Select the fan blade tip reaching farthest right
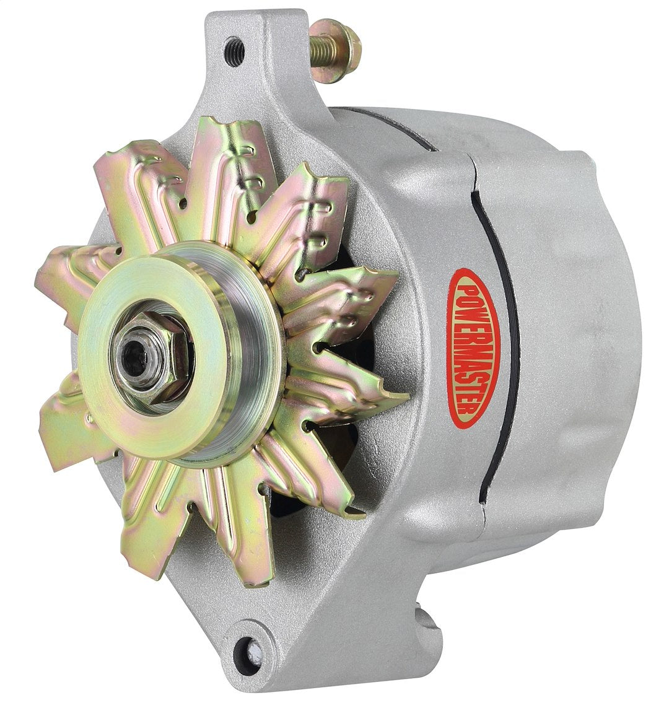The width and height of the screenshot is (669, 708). point(396,396)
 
